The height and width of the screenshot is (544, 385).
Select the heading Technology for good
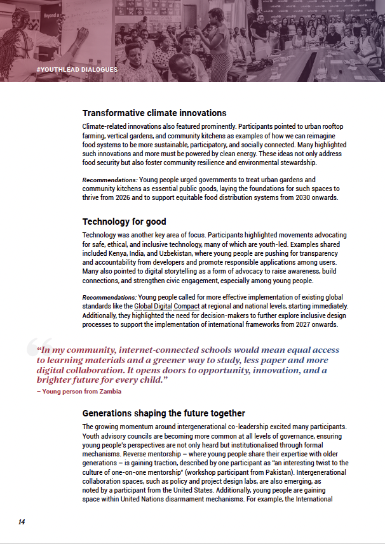point(124,222)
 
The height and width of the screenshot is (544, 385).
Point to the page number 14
point(22,522)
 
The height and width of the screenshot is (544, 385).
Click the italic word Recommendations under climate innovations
point(109,180)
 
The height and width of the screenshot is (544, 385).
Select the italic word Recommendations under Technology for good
point(109,297)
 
